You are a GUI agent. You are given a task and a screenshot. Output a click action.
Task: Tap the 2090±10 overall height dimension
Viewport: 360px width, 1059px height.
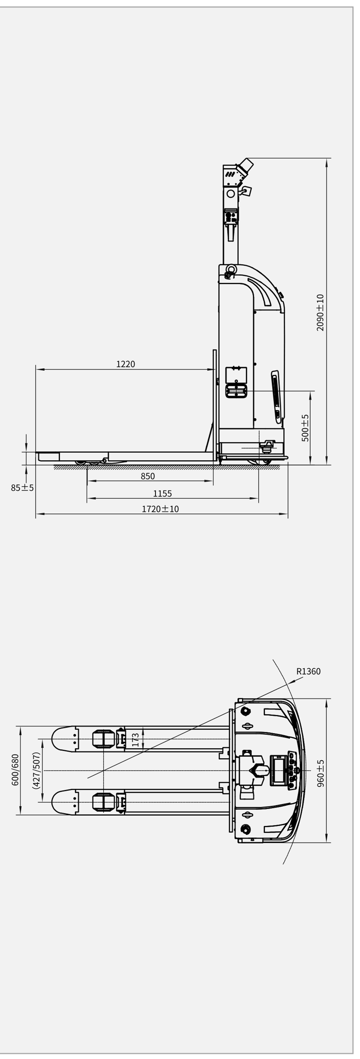320,313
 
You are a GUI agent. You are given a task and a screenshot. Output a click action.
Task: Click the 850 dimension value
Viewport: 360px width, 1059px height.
148,476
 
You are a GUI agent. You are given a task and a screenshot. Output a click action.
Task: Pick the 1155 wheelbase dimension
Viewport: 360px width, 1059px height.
162,494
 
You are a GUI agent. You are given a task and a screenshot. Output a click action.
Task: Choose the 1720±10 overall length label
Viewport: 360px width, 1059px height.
161,509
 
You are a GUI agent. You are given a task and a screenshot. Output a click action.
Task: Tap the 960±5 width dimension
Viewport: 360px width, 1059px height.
321,773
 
